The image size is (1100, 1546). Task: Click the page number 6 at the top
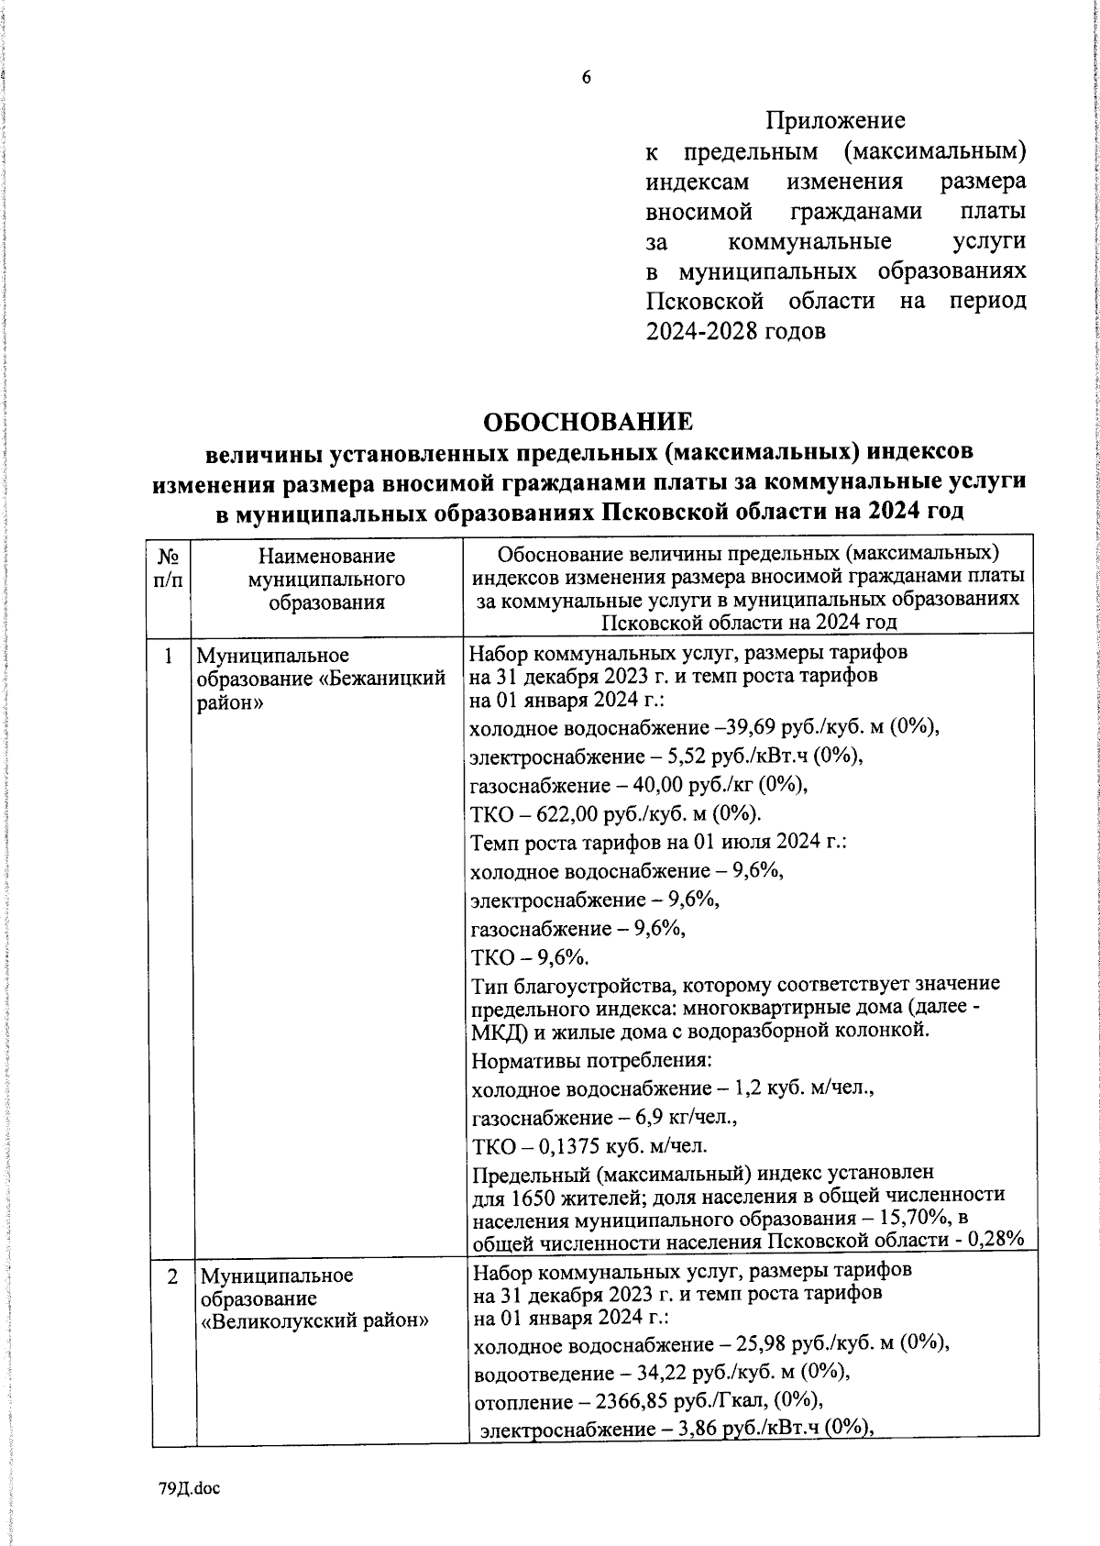tap(587, 78)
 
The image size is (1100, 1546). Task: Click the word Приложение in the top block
tap(835, 120)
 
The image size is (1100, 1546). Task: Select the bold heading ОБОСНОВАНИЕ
tap(587, 422)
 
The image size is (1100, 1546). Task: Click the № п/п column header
tap(169, 569)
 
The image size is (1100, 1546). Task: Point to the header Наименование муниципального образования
tap(326, 579)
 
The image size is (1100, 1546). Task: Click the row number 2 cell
tap(172, 1275)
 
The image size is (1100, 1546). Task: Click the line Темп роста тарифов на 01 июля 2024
tap(657, 842)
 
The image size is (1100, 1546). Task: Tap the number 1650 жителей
tap(558, 1195)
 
